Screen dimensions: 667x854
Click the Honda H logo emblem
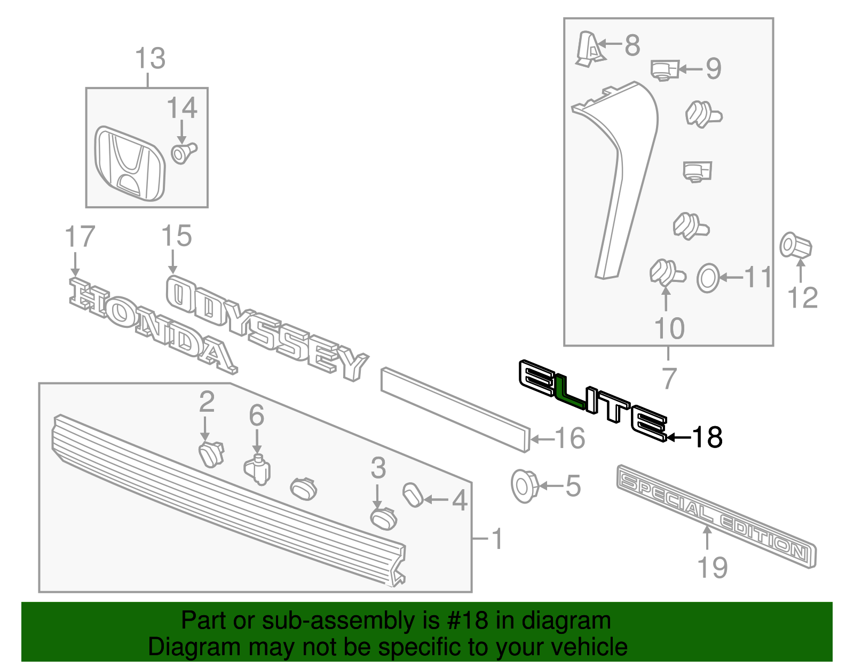coord(130,164)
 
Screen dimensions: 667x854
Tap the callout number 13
coord(150,58)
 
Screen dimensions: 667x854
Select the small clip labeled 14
coord(183,153)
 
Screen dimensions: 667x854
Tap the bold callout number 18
coord(707,437)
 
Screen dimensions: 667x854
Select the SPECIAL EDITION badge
coord(715,516)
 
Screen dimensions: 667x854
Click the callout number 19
coord(713,567)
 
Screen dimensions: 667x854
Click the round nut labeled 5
coord(524,485)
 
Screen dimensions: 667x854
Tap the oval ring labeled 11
coord(708,278)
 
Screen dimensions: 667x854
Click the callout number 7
coord(669,378)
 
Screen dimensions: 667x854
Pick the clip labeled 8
coord(590,49)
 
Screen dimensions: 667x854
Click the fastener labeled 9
coord(663,69)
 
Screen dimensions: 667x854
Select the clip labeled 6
coord(258,469)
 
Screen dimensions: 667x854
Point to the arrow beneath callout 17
coord(75,265)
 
